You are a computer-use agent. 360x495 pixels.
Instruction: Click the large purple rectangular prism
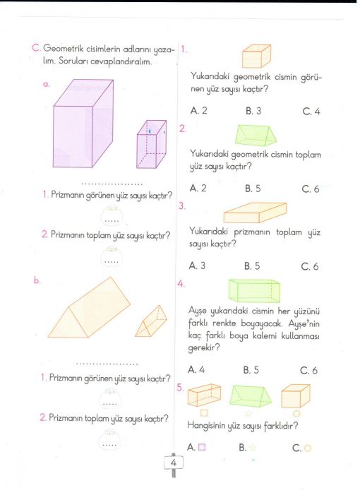point(83,124)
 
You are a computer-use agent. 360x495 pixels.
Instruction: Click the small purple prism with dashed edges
point(152,144)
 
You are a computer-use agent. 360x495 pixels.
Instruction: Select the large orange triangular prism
point(89,308)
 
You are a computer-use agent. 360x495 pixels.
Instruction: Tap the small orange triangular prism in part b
point(151,321)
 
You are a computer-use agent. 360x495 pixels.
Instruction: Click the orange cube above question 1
point(256,56)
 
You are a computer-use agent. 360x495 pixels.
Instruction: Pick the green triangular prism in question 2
point(256,135)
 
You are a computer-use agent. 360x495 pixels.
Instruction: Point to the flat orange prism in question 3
point(256,213)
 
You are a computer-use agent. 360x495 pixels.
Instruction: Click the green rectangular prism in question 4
point(254,291)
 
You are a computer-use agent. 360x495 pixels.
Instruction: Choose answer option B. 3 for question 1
point(253,111)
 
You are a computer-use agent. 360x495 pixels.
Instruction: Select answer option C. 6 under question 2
point(311,189)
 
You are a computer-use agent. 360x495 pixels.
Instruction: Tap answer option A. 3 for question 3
point(197,266)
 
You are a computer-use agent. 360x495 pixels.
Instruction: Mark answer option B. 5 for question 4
point(251,370)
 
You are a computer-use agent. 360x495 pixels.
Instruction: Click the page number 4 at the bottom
point(173,463)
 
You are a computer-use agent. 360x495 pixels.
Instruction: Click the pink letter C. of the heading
point(36,48)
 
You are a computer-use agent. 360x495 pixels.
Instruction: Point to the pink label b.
point(37,280)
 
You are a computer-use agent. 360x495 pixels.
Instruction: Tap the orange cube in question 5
point(296,395)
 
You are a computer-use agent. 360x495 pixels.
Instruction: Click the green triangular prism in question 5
point(251,396)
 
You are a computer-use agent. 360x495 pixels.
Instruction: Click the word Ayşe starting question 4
point(198,311)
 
